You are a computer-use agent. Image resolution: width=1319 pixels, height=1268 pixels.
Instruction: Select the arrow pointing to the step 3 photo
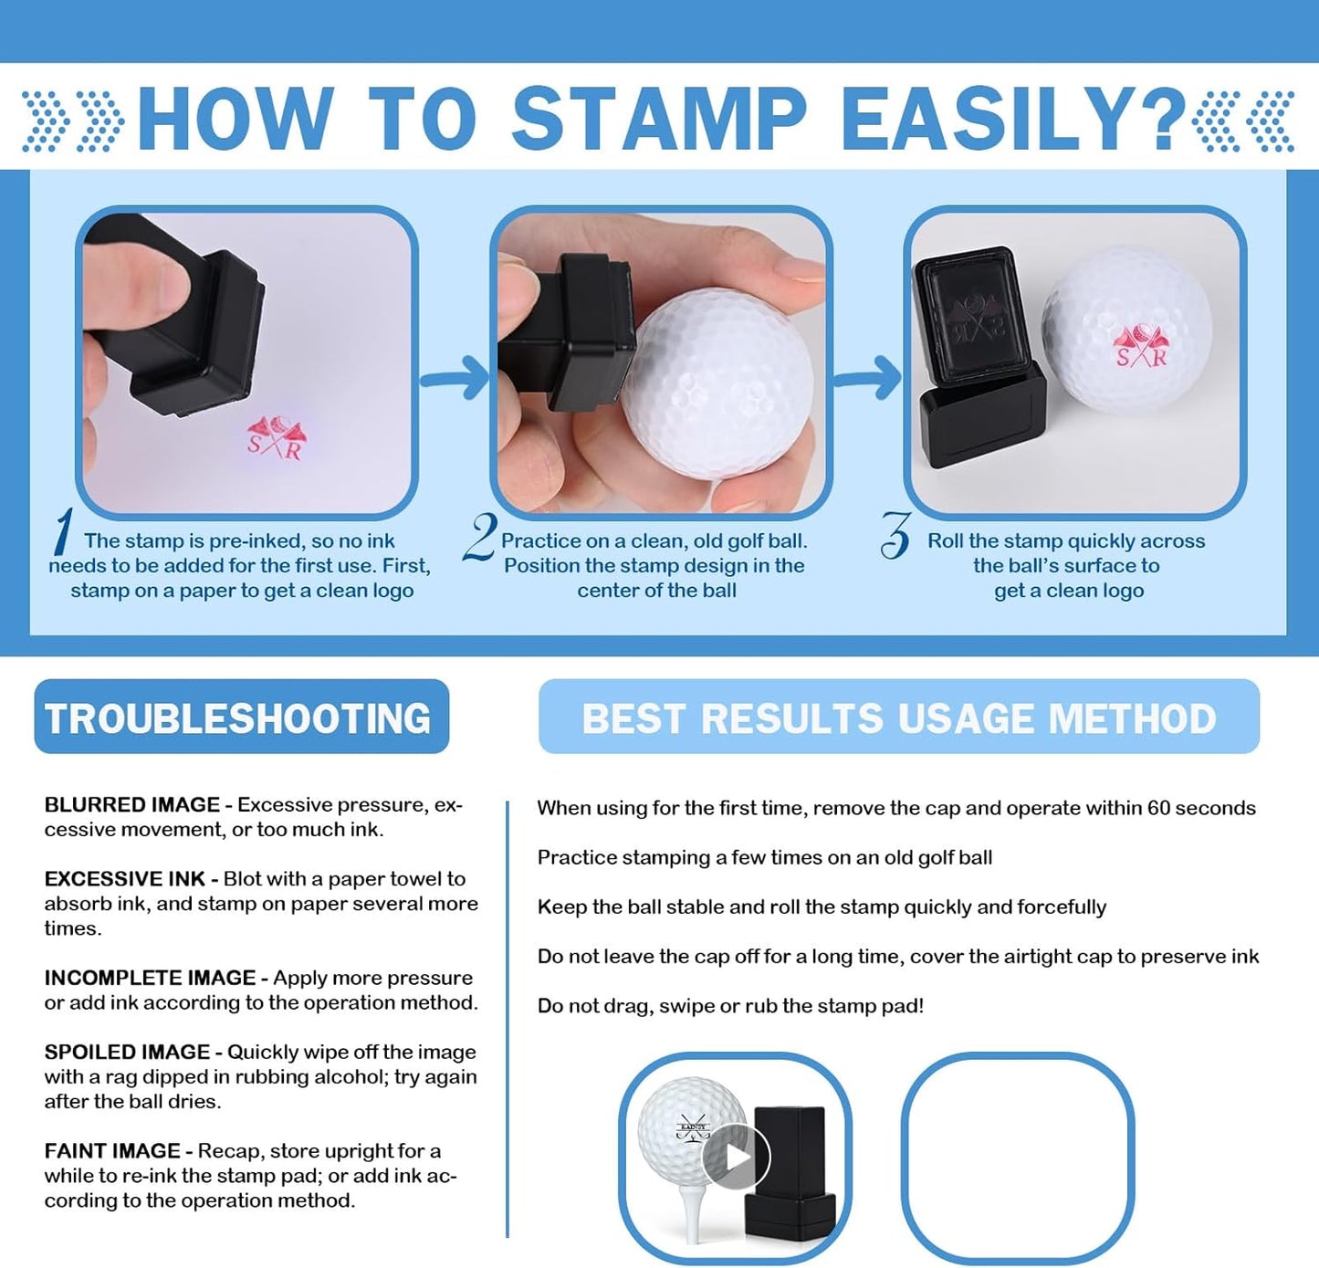869,377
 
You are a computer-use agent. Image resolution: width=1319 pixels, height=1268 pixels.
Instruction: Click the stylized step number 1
62,531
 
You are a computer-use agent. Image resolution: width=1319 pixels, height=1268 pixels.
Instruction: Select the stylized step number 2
480,537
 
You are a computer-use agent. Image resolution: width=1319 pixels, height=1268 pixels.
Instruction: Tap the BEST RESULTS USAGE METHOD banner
898,718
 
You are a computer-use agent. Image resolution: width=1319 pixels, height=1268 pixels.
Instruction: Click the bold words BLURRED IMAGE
132,805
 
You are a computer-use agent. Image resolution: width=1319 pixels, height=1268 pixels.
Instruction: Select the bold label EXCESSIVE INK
125,879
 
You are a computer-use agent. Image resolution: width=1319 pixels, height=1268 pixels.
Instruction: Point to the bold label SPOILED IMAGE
127,1052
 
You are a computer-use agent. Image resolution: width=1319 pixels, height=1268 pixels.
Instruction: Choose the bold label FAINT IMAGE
112,1151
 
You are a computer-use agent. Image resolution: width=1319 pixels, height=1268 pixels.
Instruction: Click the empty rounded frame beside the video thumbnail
1018,1158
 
